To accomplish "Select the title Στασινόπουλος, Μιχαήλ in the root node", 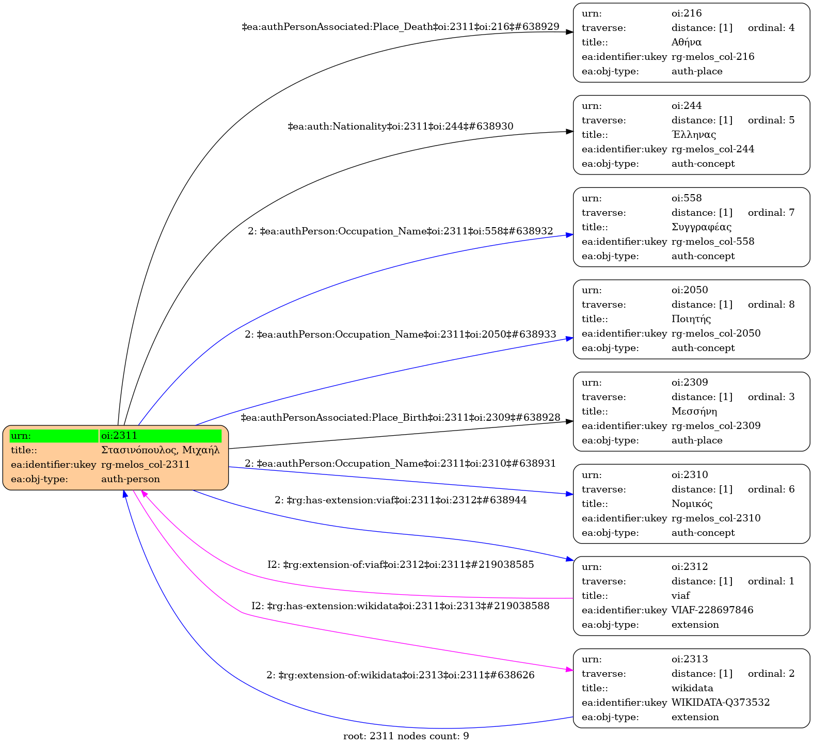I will tap(160, 450).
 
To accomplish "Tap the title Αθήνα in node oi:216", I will tap(686, 42).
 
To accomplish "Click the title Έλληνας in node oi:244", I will tap(693, 135).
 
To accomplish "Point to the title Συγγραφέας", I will tap(701, 227).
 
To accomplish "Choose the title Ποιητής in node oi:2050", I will tap(691, 319).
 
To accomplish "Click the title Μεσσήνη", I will tap(694, 411).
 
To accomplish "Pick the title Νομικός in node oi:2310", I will tap(692, 504).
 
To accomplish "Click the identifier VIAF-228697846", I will tap(712, 610).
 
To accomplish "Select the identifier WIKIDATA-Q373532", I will tap(720, 703).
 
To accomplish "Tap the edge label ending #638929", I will tap(401, 27).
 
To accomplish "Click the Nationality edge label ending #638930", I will tap(400, 126).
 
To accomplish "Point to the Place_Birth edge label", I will tap(400, 418).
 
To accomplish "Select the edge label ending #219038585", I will tap(400, 565).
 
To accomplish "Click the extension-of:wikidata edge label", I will tap(400, 675).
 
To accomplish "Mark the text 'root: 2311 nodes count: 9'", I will tap(406, 736).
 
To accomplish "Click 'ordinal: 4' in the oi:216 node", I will tap(771, 28).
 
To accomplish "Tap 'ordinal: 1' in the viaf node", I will tap(771, 581).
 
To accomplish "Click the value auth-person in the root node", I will tap(130, 479).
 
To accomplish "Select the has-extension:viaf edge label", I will tap(400, 500).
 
